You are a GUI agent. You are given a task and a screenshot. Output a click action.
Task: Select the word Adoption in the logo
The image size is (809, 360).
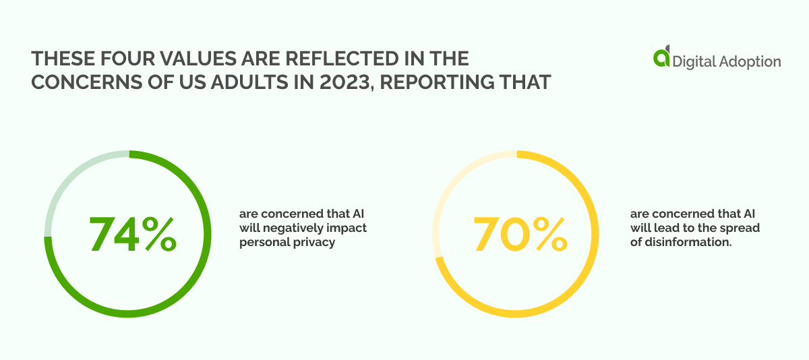tap(750, 61)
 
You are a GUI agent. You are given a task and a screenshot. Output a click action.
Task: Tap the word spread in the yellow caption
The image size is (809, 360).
tap(740, 229)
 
